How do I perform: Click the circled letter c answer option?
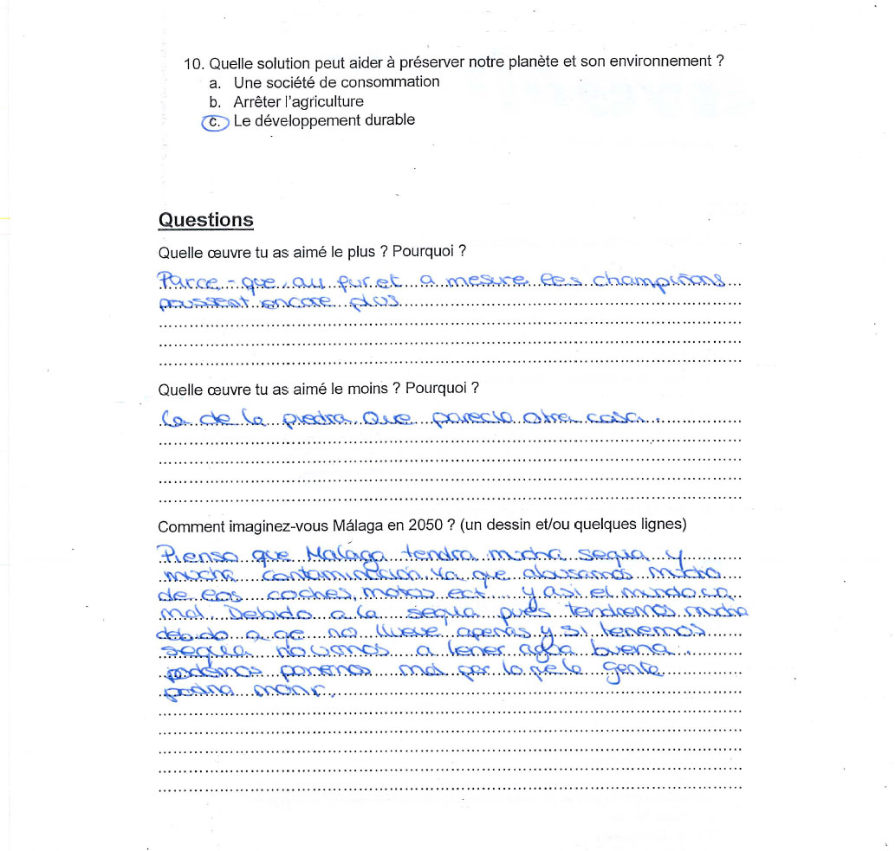[x=215, y=122]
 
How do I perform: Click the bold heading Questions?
[x=205, y=220]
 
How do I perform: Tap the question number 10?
[x=193, y=62]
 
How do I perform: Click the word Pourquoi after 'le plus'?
[x=423, y=253]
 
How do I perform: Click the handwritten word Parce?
[x=185, y=281]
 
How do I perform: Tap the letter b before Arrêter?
[x=214, y=101]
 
